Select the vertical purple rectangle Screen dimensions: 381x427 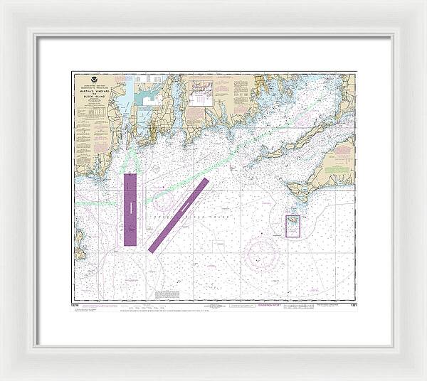(x=130, y=209)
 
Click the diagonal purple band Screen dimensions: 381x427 (x=179, y=215)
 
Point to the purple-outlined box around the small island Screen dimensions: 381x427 (x=292, y=226)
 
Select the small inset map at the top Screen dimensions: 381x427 (x=200, y=92)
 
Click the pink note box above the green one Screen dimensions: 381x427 (x=342, y=149)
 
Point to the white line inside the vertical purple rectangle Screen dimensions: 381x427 (x=130, y=209)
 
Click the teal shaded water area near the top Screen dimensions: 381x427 (x=125, y=107)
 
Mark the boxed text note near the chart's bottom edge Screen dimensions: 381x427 (x=168, y=294)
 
